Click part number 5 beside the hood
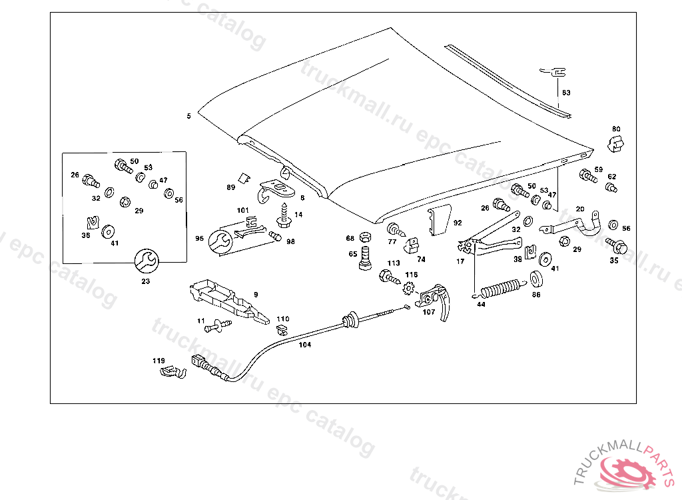pyautogui.click(x=189, y=116)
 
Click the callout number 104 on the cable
pyautogui.click(x=304, y=345)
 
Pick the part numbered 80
pyautogui.click(x=617, y=143)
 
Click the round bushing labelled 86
pyautogui.click(x=536, y=277)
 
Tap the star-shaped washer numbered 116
pyautogui.click(x=410, y=289)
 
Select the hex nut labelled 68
pyautogui.click(x=364, y=237)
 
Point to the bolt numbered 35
pyautogui.click(x=617, y=246)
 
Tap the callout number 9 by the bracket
pyautogui.click(x=255, y=293)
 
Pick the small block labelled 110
pyautogui.click(x=282, y=329)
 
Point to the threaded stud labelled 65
pyautogui.click(x=365, y=257)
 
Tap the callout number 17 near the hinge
pyautogui.click(x=460, y=261)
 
